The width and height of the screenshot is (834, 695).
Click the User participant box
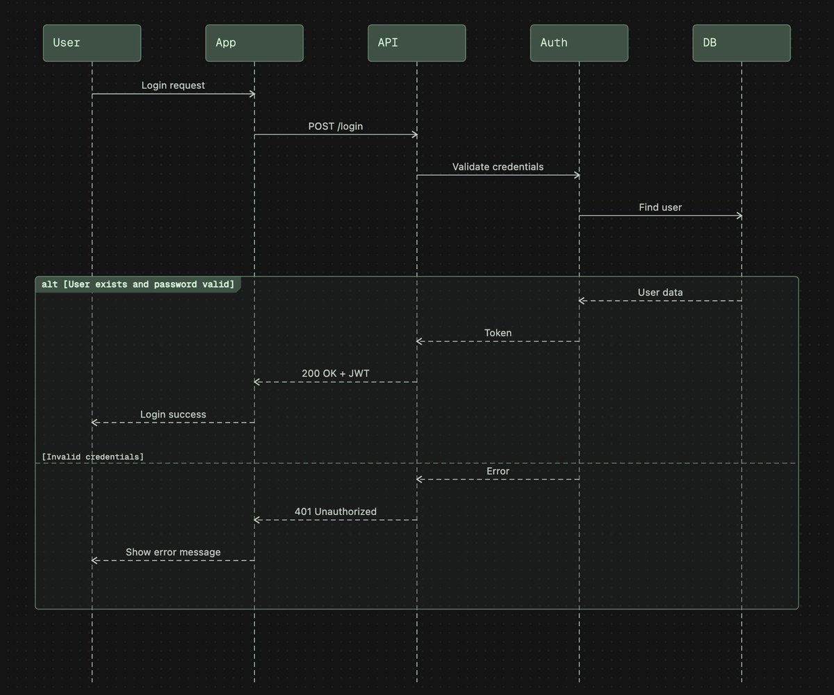(x=92, y=43)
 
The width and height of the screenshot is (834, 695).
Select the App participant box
(x=254, y=43)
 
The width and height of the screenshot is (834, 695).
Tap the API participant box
(x=417, y=43)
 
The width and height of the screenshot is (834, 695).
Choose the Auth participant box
(x=579, y=43)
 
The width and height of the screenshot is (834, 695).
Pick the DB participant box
(x=742, y=43)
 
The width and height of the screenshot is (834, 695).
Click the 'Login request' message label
(x=173, y=85)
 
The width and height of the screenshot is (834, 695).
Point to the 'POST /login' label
(x=336, y=126)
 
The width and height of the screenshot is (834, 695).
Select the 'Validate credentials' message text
(x=498, y=167)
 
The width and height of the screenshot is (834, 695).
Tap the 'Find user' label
(x=660, y=207)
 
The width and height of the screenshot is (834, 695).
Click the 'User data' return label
(x=660, y=293)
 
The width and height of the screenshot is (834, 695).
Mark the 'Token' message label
(x=498, y=333)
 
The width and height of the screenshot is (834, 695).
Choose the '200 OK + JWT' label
(x=336, y=373)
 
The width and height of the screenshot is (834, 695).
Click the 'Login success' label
(x=173, y=414)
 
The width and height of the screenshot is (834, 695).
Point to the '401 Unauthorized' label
(x=336, y=512)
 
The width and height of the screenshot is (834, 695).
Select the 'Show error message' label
(x=173, y=553)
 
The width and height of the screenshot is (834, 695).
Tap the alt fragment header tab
(x=138, y=285)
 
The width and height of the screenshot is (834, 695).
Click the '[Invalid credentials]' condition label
(x=93, y=457)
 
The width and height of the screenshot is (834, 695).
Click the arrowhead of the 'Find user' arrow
(x=739, y=216)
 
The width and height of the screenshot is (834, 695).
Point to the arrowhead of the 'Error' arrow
(x=420, y=480)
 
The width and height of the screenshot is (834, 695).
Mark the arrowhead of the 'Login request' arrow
(x=252, y=94)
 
